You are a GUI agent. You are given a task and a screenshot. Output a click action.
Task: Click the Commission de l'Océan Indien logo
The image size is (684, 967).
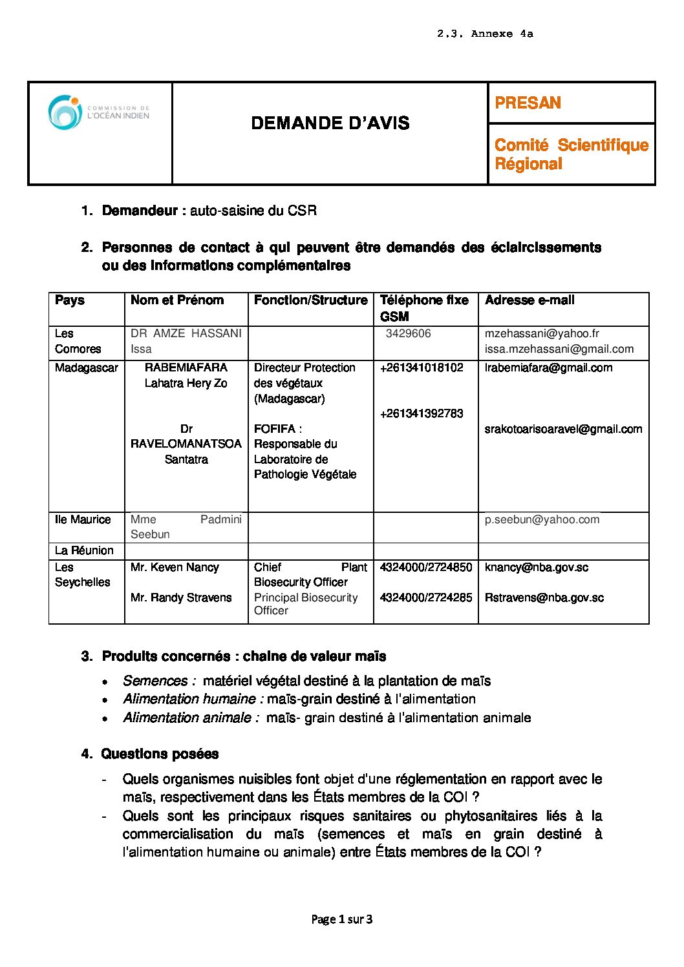pos(98,112)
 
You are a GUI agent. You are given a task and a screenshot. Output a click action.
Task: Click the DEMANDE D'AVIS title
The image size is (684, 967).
pos(330,123)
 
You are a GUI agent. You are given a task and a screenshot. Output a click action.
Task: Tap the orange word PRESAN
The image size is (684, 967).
pos(528,103)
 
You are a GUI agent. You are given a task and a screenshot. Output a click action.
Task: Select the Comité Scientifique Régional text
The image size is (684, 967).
pos(571,154)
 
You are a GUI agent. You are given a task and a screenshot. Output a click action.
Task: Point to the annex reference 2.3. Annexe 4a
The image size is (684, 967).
pos(485,34)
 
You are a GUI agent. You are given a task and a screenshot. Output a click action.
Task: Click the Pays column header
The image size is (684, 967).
pos(70,300)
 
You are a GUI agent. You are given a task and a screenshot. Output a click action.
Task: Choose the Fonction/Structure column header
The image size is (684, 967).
pos(310,300)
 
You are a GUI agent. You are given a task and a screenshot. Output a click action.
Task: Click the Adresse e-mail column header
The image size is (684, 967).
pos(529,300)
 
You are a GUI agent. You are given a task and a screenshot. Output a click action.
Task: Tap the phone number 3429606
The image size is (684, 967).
pos(408,333)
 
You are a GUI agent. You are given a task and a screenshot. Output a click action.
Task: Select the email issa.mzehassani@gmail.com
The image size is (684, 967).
pos(559,349)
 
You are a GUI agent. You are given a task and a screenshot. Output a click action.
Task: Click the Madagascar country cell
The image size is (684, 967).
pos(87,368)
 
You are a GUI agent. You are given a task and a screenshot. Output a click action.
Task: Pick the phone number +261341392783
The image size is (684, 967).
pos(422,413)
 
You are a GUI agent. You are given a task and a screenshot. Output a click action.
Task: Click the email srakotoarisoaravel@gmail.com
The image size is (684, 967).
pos(563,429)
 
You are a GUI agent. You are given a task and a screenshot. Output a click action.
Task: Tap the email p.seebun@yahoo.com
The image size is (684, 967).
pos(542,519)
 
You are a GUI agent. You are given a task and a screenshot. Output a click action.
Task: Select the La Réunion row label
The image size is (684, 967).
pos(84,550)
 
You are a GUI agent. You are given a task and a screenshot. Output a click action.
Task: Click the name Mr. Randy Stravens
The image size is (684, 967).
pos(181,598)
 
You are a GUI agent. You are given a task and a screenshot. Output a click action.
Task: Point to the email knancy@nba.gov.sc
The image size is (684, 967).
pos(537,567)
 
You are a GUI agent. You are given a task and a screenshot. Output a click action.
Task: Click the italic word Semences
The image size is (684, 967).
pos(155,681)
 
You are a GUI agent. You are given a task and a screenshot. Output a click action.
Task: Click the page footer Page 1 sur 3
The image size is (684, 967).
pos(342,919)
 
